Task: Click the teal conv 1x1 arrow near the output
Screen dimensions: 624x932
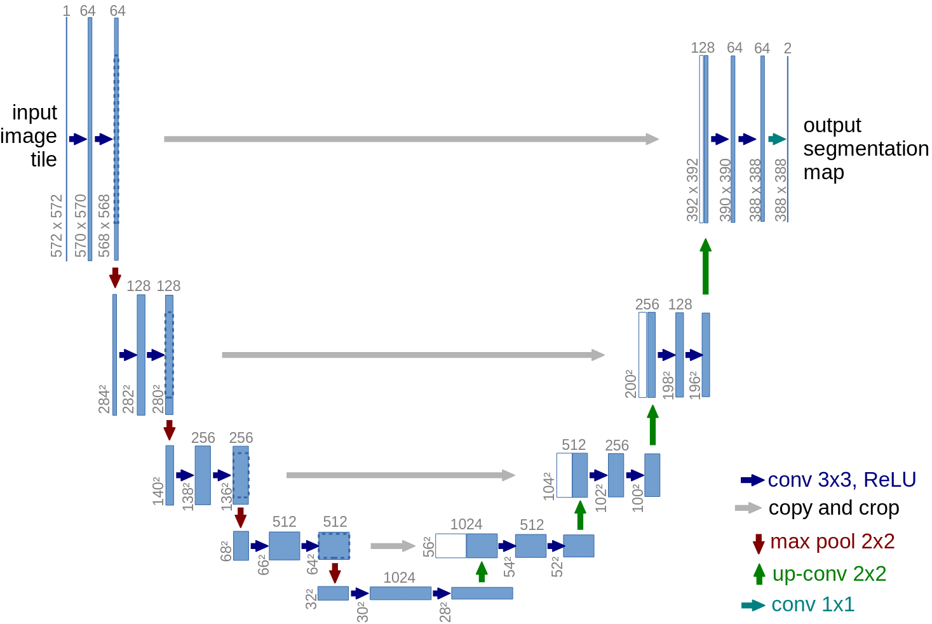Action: tap(776, 139)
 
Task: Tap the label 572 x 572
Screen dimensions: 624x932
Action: tap(57, 226)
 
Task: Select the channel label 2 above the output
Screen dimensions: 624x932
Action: tap(787, 48)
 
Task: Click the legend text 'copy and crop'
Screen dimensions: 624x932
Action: tap(834, 508)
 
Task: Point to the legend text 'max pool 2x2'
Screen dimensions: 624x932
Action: tap(832, 541)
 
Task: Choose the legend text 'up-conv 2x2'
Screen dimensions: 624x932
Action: tap(829, 574)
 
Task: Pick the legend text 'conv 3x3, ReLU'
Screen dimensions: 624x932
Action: tap(842, 480)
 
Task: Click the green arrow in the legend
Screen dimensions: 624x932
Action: tap(759, 574)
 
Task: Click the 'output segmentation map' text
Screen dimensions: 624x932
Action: tap(865, 149)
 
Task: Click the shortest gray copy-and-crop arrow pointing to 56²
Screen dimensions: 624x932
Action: tap(392, 546)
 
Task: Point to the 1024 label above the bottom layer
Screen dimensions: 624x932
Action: tap(399, 578)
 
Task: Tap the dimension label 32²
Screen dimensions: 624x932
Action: tap(311, 599)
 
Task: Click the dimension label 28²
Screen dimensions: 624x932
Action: tap(445, 612)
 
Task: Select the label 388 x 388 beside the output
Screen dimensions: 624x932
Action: tap(781, 189)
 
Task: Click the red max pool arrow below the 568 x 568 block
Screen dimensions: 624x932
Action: tap(115, 277)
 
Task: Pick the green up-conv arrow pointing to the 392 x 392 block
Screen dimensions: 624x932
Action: tap(705, 266)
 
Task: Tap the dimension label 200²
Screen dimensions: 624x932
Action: tap(630, 383)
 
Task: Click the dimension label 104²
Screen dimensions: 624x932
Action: tap(549, 486)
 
